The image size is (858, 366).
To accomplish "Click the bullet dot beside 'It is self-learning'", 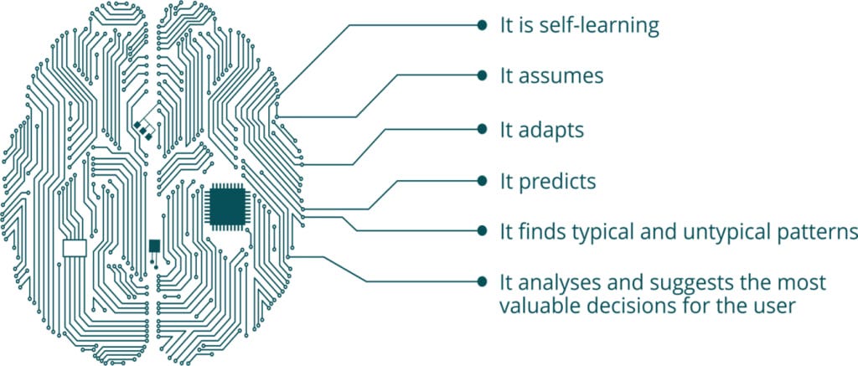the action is tap(482, 24).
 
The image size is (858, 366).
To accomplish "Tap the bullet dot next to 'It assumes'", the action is tap(482, 75).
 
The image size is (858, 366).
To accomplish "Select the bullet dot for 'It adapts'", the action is tap(482, 129).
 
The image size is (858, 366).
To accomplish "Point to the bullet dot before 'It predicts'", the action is tap(482, 180).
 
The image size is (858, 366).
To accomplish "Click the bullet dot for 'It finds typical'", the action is tap(482, 231).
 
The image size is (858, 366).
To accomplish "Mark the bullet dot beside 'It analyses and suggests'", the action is tap(482, 281).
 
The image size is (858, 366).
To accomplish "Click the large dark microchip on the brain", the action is tap(227, 206).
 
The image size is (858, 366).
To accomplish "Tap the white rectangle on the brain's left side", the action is tap(75, 248).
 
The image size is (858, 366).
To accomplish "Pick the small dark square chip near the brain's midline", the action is tap(155, 245).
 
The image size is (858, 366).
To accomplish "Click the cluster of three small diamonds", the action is tap(142, 130).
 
